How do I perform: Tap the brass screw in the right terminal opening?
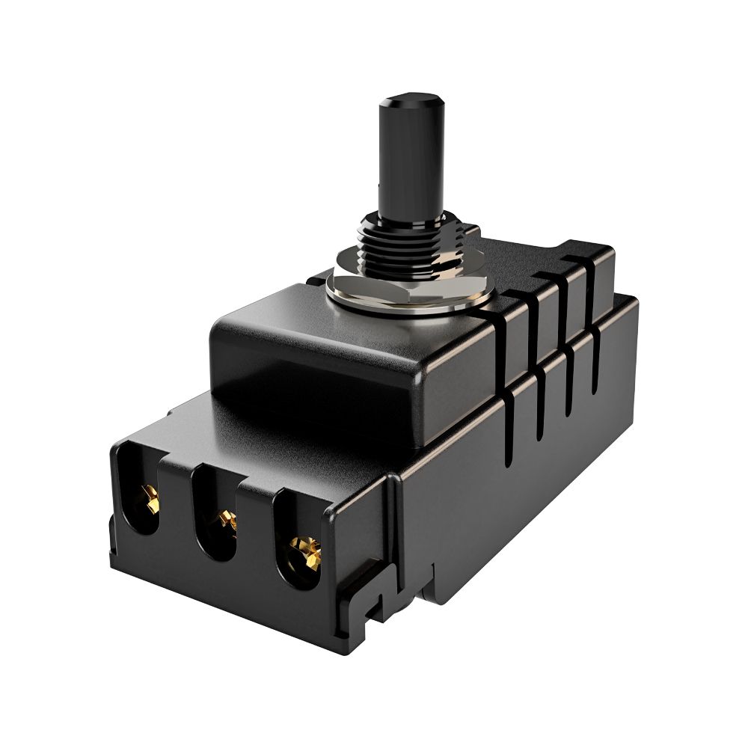(x=305, y=552)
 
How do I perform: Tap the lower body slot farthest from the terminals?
(x=595, y=367)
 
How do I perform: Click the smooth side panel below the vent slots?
(x=524, y=486)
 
